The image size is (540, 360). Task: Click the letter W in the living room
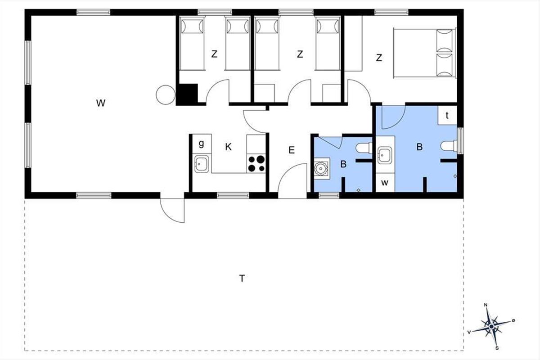tap(100, 103)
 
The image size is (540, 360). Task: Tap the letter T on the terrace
tap(242, 279)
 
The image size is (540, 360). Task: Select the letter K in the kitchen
tap(228, 147)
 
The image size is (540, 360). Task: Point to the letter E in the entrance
tap(292, 150)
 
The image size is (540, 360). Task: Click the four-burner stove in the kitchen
tap(256, 163)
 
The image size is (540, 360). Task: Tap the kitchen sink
tap(202, 164)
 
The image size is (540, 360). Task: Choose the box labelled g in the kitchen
tap(202, 144)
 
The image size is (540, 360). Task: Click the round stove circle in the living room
tap(166, 95)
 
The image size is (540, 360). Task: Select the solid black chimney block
tap(187, 94)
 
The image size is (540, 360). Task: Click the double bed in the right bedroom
tap(424, 53)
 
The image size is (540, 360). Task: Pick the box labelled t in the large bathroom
tap(447, 115)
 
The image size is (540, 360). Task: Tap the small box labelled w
tap(385, 183)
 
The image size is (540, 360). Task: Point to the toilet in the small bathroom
tap(364, 148)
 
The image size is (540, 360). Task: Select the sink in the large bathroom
tap(384, 155)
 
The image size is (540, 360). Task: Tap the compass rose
tap(492, 327)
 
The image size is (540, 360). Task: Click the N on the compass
tap(486, 305)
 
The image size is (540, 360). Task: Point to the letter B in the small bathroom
tap(343, 164)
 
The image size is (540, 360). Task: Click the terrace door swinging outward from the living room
tap(172, 210)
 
